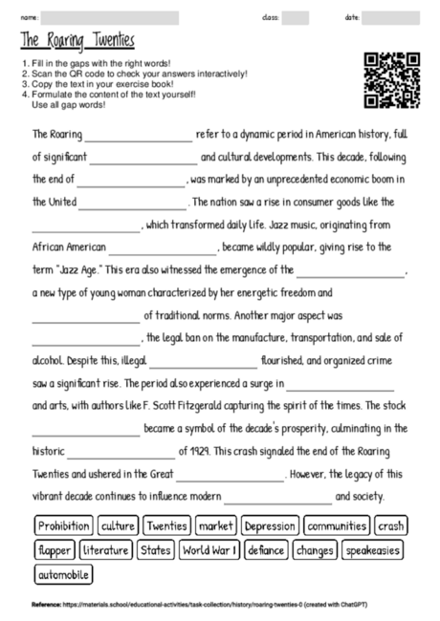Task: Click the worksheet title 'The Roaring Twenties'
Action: (x=77, y=42)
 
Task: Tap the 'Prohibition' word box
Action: (x=64, y=526)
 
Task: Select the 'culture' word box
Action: (x=118, y=526)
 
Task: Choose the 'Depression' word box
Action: (x=271, y=526)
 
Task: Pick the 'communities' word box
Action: (x=338, y=526)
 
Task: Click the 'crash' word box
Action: (x=389, y=526)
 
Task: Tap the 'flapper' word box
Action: (x=54, y=550)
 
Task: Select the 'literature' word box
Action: (x=105, y=550)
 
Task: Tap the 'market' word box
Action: (x=215, y=526)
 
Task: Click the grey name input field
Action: (x=111, y=17)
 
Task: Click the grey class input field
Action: (x=296, y=17)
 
